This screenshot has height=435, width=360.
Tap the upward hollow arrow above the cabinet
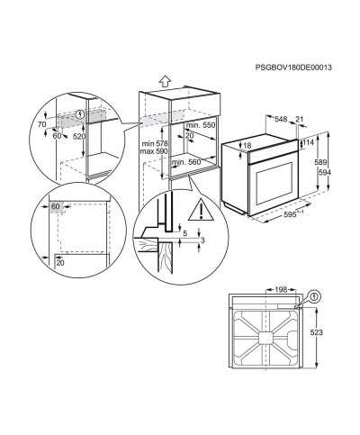tap(165, 81)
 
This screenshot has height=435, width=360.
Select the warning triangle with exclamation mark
tap(201, 210)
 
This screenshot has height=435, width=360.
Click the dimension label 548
tap(281, 120)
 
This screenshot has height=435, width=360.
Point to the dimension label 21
tap(300, 120)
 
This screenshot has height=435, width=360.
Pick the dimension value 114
tap(309, 142)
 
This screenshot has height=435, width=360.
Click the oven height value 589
tap(320, 162)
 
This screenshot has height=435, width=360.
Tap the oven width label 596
tap(290, 214)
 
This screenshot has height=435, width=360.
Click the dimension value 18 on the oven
tap(247, 146)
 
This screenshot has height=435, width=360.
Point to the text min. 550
tap(201, 125)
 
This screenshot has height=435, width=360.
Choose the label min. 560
tap(186, 162)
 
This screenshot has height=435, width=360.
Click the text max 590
tap(154, 151)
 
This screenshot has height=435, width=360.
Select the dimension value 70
tap(41, 123)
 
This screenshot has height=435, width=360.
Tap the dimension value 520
tap(79, 137)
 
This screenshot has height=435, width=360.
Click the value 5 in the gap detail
tap(184, 232)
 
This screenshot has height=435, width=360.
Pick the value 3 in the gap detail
tap(202, 240)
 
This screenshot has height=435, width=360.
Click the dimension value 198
tap(281, 289)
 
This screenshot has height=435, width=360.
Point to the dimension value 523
tap(317, 332)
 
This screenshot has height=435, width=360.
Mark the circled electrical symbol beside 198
tap(314, 296)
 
